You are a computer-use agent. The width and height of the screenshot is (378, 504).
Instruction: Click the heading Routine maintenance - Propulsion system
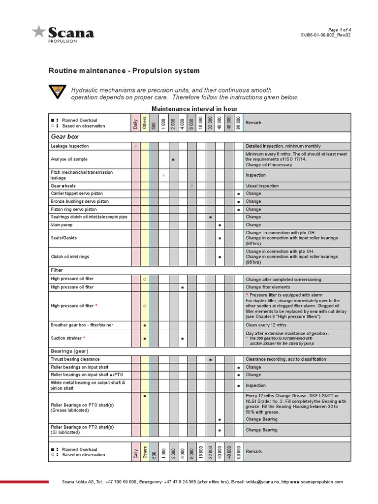[x=124, y=71]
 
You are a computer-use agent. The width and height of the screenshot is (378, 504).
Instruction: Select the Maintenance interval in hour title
[x=194, y=108]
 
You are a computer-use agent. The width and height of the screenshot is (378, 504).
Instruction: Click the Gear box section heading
[x=65, y=136]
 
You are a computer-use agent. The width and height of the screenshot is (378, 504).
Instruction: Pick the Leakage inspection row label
[x=70, y=146]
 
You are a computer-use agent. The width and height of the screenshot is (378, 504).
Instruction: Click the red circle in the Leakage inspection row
[x=135, y=146]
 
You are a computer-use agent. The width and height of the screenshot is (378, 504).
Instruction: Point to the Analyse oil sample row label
[x=69, y=159]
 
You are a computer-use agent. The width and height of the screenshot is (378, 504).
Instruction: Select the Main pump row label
[x=62, y=224]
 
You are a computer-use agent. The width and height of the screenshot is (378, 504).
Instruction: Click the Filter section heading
[x=57, y=270]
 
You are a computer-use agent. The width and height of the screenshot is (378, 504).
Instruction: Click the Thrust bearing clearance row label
[x=75, y=359]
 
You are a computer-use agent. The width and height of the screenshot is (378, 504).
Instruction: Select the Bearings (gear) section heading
[x=69, y=351]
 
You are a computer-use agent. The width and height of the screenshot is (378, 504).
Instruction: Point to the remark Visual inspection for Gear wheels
[x=262, y=186]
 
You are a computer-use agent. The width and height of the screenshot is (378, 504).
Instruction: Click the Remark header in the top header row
[x=253, y=123]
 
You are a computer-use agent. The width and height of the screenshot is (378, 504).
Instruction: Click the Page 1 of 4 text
[x=339, y=30]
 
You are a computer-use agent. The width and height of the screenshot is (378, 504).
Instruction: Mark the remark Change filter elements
[x=268, y=287]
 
